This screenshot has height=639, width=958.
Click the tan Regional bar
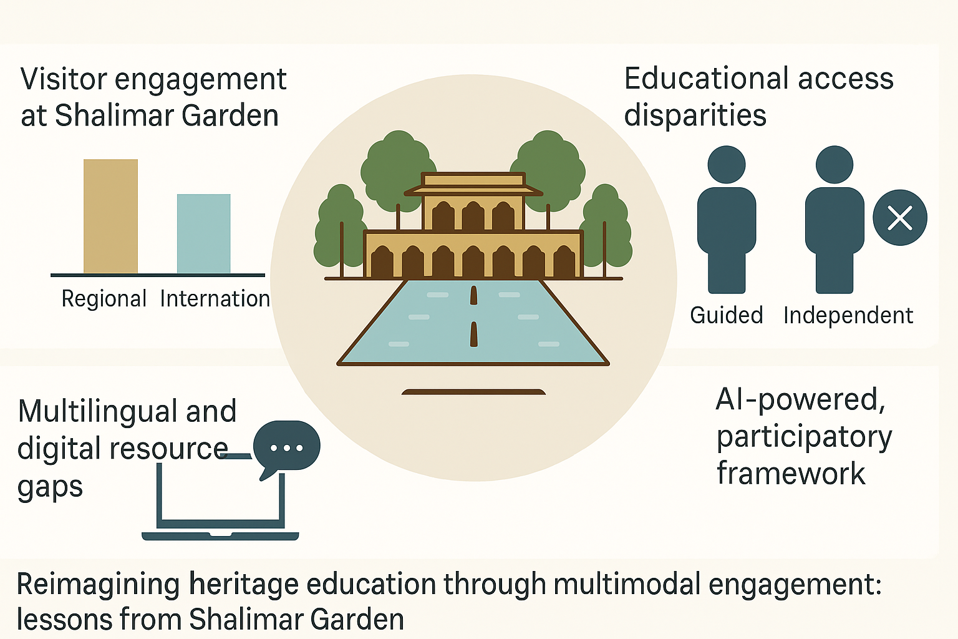[x=110, y=216]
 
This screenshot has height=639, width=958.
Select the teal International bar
[x=203, y=233]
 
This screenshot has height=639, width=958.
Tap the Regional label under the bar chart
[x=104, y=299]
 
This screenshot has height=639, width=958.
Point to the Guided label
[x=726, y=315]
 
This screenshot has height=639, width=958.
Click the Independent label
[x=848, y=315]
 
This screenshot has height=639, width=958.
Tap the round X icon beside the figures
[x=899, y=218]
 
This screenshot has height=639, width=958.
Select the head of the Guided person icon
[x=727, y=165]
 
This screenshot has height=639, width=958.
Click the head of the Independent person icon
[x=834, y=165]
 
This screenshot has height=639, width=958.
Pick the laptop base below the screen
[x=220, y=536]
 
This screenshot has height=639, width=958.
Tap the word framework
[x=791, y=474]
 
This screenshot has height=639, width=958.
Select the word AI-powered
[x=800, y=399]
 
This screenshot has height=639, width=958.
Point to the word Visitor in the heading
[x=64, y=79]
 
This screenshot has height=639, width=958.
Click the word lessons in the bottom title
[x=64, y=619]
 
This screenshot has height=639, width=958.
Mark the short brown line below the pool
[x=473, y=392]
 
